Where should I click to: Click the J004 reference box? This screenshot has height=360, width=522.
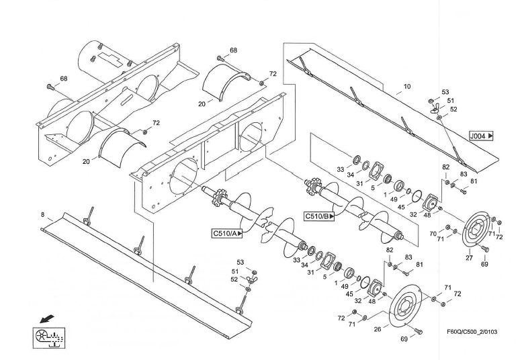coord(481,136)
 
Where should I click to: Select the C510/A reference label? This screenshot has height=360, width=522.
coord(227,234)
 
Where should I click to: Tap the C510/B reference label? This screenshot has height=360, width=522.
coord(320,216)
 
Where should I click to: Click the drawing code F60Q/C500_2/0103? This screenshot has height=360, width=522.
coord(472,332)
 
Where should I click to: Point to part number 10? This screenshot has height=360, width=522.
coord(407,87)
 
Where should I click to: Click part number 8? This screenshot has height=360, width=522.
coord(42,215)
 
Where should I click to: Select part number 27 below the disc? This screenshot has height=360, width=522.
coord(469,258)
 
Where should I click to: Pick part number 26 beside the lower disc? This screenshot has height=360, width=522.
coord(377,329)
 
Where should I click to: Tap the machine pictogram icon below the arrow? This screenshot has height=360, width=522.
coord(49,338)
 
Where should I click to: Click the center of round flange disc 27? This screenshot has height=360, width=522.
coord(476,230)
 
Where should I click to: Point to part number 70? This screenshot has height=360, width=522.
coord(433,234)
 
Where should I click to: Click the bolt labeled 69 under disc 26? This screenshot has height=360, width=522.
coord(419,331)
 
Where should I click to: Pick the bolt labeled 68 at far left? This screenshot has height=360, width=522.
coord(50,87)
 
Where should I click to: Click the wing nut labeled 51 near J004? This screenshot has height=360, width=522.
coord(435,108)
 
